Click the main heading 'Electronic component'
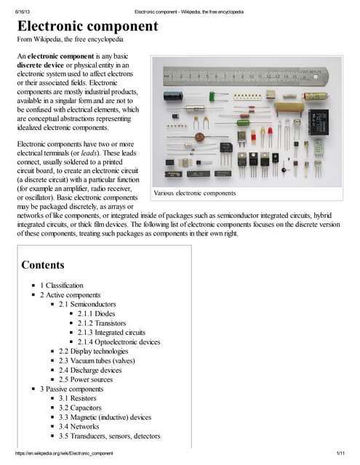[87, 27]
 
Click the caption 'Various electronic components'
[195, 193]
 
